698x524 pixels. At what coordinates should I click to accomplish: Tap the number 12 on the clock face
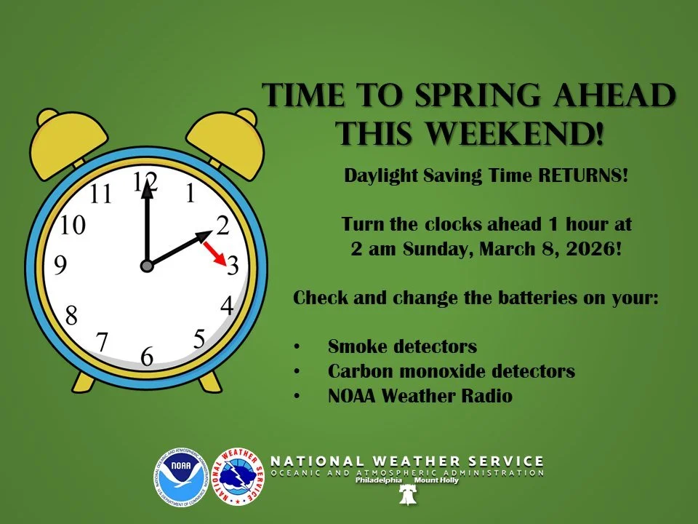pyautogui.click(x=145, y=182)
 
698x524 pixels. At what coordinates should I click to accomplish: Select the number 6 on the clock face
pyautogui.click(x=147, y=357)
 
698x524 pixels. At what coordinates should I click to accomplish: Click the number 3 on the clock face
pyautogui.click(x=233, y=266)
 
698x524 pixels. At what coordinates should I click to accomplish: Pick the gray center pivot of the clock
pyautogui.click(x=147, y=266)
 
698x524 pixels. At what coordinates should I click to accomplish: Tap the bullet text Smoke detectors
pyautogui.click(x=402, y=346)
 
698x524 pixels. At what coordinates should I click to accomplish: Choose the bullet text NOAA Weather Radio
pyautogui.click(x=420, y=397)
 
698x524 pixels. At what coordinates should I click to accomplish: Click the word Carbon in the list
pyautogui.click(x=356, y=371)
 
